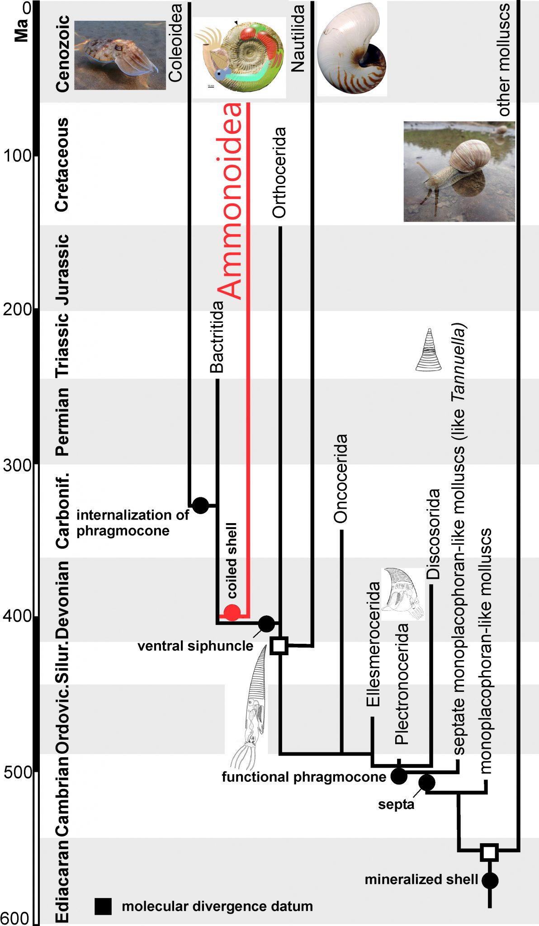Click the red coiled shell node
(232, 613)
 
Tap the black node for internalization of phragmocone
(200, 505)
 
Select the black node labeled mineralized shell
(490, 880)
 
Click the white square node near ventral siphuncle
(279, 645)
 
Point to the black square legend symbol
(103, 906)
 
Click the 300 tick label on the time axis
(18, 465)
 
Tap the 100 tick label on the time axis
(18, 156)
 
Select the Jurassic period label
(62, 269)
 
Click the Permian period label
(62, 421)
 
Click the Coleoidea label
(175, 43)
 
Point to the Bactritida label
(217, 337)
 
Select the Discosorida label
(433, 534)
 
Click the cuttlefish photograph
(120, 55)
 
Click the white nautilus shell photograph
(352, 48)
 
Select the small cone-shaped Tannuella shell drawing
(429, 350)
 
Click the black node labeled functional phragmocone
(399, 776)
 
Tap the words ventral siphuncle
(195, 646)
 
